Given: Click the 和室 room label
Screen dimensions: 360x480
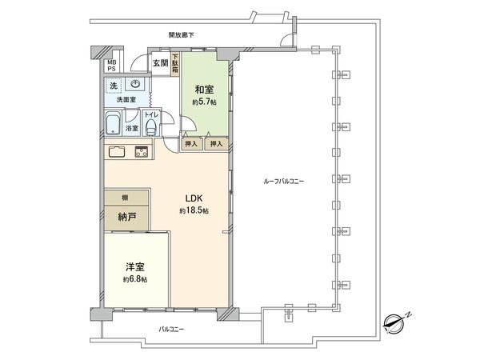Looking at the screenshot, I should [x=202, y=90].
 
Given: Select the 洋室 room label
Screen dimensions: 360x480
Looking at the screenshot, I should [x=135, y=267].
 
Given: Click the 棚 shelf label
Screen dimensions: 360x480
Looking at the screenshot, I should [x=115, y=197].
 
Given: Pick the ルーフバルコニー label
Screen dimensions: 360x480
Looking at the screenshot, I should [x=283, y=182].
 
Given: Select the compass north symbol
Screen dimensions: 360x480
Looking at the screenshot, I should [x=394, y=322].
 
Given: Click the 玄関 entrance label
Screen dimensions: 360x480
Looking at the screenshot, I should [x=160, y=63].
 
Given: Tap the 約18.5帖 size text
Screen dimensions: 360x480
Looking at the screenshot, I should [x=194, y=210].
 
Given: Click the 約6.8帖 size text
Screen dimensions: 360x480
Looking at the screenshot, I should [x=135, y=280].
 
